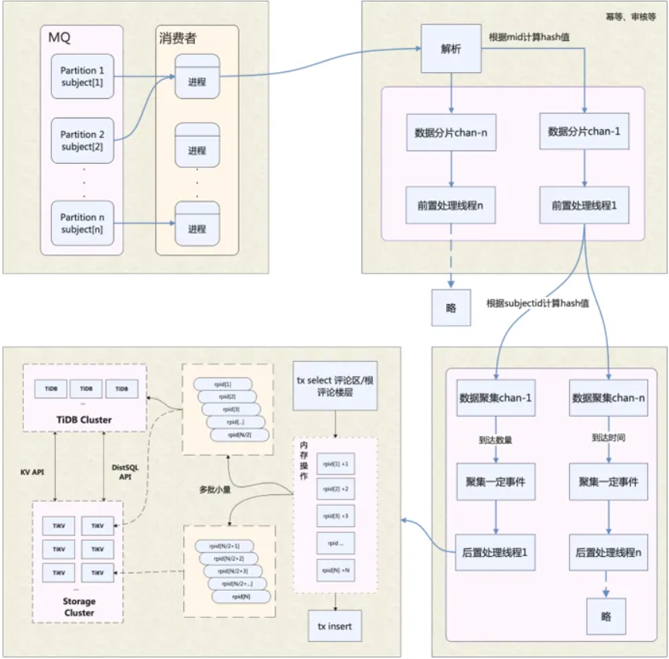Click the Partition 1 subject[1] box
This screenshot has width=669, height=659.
[81, 76]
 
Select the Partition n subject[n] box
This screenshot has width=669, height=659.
[81, 223]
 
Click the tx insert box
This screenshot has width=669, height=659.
[334, 625]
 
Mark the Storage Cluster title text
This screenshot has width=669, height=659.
[79, 606]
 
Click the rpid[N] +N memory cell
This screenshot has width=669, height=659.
[335, 571]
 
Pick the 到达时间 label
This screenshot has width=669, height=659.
[608, 438]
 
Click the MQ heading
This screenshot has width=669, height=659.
[60, 37]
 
